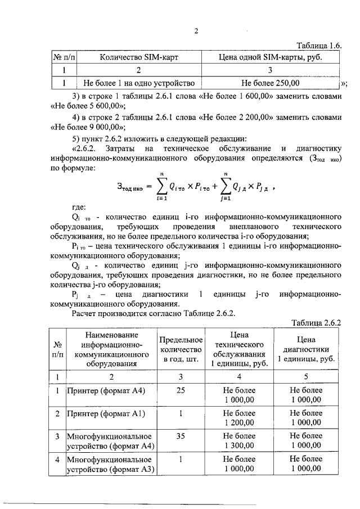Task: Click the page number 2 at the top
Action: (196, 31)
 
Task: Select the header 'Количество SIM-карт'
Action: (138, 57)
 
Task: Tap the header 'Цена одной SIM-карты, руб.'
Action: (269, 57)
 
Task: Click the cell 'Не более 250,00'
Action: (269, 83)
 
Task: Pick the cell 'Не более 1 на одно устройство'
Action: (138, 83)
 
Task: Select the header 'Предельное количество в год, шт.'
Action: (181, 349)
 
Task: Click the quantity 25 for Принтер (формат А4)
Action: (181, 390)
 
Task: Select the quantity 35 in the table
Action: (181, 436)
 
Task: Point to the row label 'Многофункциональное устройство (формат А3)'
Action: (110, 463)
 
